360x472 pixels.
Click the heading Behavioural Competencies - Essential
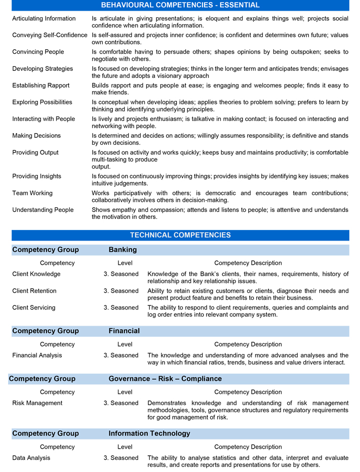[180, 5]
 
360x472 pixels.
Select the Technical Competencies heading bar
[180, 235]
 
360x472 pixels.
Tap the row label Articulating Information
[44, 19]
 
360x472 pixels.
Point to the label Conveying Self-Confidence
[50, 35]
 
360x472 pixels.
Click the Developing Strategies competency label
[43, 69]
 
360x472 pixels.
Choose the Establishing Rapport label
[41, 86]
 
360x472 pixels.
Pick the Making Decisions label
[36, 136]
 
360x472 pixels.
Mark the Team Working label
[33, 193]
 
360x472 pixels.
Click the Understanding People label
[43, 210]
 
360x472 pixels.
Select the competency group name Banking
[123, 250]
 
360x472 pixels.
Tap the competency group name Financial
[124, 331]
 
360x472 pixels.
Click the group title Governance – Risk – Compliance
[165, 379]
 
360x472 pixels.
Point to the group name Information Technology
[149, 434]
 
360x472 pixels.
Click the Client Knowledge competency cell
[36, 274]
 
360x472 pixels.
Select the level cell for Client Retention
[121, 291]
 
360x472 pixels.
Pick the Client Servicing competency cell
[34, 307]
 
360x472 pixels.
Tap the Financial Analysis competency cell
[38, 355]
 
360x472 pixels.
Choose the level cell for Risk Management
[121, 403]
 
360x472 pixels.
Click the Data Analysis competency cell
[31, 458]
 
